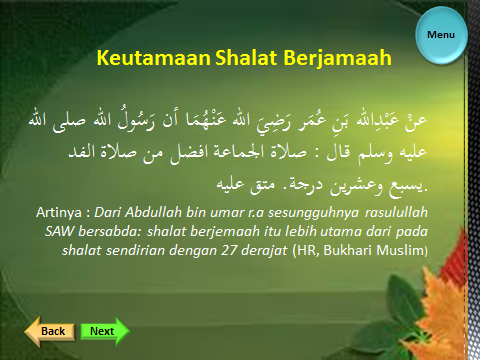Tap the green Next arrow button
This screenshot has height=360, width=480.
(x=103, y=331)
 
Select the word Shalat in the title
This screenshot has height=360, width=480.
(x=247, y=59)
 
